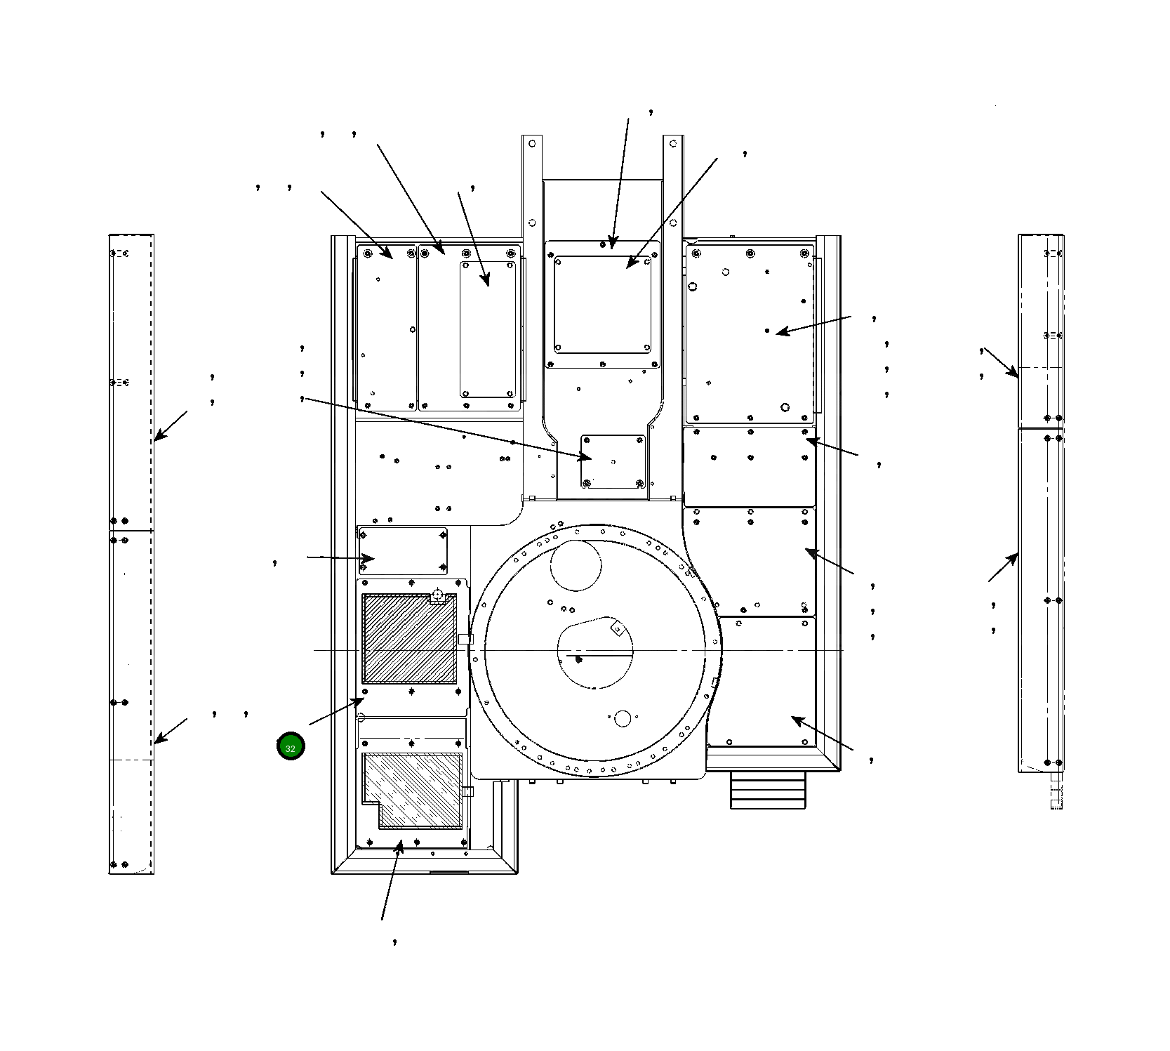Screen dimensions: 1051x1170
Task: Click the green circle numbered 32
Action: [x=291, y=746]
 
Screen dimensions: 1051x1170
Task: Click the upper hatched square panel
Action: [x=408, y=639]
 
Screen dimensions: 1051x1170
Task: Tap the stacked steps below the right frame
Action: [x=769, y=791]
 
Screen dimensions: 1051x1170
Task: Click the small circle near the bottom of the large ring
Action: [x=623, y=718]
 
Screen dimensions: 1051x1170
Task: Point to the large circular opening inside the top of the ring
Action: [x=576, y=566]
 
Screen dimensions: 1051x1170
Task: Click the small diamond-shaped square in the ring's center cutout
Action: [x=618, y=628]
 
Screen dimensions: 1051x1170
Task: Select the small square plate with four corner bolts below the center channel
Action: [x=613, y=461]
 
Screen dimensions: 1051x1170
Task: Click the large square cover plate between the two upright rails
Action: [x=603, y=305]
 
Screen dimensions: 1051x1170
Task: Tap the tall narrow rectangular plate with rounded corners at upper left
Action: [x=488, y=329]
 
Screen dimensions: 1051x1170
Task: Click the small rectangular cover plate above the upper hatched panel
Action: [x=403, y=550]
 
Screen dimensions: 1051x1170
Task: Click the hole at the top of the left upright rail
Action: [x=532, y=144]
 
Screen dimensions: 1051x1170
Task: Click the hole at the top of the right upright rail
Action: [x=674, y=144]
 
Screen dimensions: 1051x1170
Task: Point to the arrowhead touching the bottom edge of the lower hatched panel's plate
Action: [x=400, y=845]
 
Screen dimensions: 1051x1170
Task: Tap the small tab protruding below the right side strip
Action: [x=1056, y=792]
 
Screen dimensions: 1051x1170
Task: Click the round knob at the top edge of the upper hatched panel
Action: [x=438, y=595]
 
